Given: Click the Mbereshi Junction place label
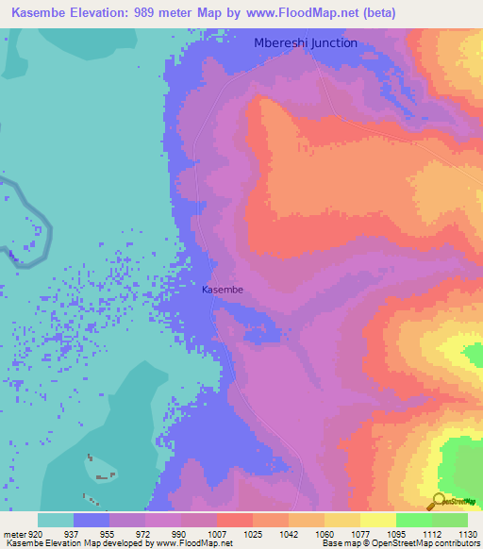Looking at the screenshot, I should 306,42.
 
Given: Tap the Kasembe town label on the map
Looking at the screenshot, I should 223,291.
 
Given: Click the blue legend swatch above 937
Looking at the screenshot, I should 92,520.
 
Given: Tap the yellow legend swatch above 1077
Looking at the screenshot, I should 377,520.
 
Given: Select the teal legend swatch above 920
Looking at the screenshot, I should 56,520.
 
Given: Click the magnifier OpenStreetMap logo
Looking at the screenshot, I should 438,501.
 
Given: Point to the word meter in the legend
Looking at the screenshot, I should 13,534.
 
